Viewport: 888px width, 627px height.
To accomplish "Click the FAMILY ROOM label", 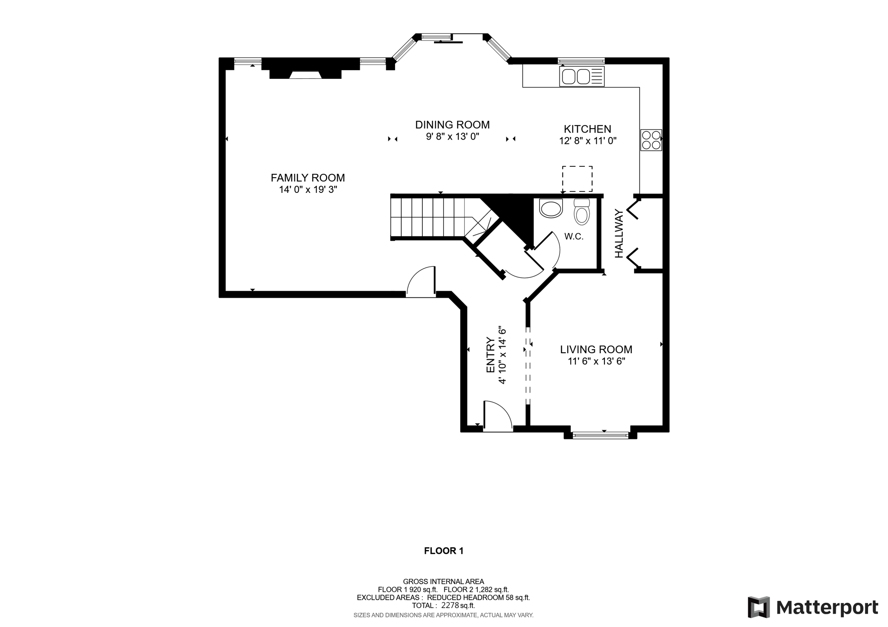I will pyautogui.click(x=307, y=178).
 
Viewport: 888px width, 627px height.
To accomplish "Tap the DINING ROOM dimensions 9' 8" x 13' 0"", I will pyautogui.click(x=452, y=137).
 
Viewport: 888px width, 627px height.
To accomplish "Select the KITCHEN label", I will pyautogui.click(x=587, y=129).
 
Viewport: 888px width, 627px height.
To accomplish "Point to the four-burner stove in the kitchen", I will pyautogui.click(x=651, y=140).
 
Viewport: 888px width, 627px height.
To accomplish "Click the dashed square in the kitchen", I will pyautogui.click(x=577, y=179).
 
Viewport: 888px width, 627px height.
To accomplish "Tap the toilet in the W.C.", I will pyautogui.click(x=581, y=212).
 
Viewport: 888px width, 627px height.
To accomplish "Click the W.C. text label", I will pyautogui.click(x=574, y=237).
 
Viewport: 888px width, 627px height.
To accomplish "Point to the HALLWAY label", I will pyautogui.click(x=619, y=234).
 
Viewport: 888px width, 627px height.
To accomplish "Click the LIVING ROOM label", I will pyautogui.click(x=596, y=349).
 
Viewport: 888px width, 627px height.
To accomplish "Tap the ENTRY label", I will pyautogui.click(x=490, y=355).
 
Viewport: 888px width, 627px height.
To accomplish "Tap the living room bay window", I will pyautogui.click(x=600, y=435).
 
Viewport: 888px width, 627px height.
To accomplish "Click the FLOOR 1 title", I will pyautogui.click(x=444, y=551).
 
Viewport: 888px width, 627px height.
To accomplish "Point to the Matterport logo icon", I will pyautogui.click(x=758, y=607).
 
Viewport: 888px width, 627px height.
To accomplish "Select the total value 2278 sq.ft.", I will pyautogui.click(x=458, y=605).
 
